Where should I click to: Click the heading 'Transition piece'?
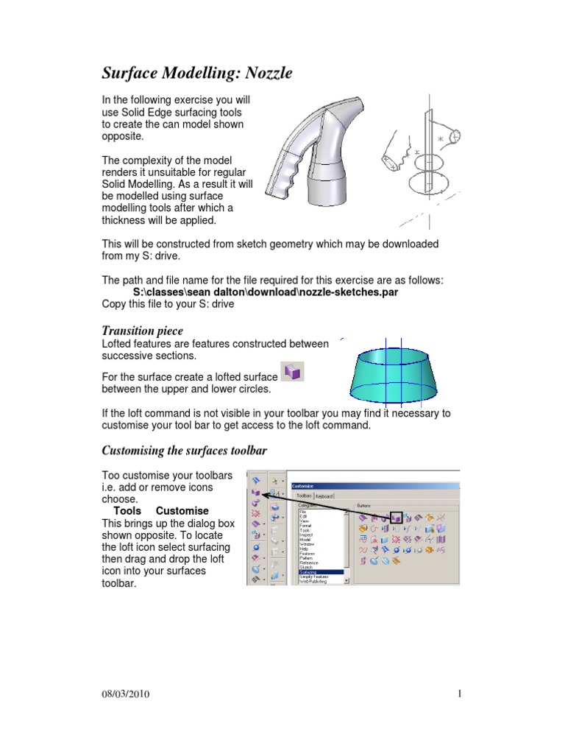tap(142, 331)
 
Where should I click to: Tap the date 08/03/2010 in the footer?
tap(127, 694)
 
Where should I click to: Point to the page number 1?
tap(459, 694)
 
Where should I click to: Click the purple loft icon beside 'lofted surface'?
tap(293, 373)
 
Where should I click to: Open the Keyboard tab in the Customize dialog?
tap(324, 496)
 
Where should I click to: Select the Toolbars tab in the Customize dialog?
tap(305, 496)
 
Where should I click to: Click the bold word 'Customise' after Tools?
tap(182, 511)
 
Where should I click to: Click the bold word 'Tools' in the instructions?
tap(127, 511)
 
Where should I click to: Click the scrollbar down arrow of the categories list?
tap(347, 579)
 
